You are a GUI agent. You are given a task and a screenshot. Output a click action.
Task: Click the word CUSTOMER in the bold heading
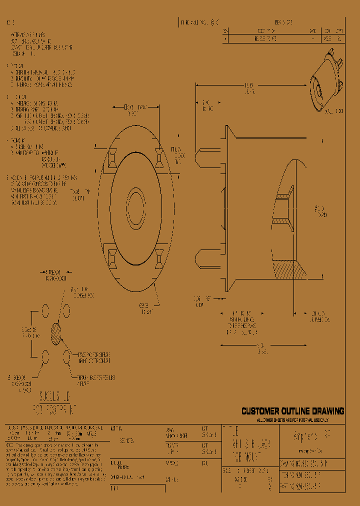[x=261, y=411]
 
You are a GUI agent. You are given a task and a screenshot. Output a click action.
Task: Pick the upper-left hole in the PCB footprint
[x=45, y=311]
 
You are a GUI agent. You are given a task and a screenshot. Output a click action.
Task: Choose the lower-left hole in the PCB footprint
[x=45, y=356]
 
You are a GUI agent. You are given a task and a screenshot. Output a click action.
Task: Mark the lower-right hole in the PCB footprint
[x=66, y=357]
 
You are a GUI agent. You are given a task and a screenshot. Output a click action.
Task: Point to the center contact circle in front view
[x=135, y=205]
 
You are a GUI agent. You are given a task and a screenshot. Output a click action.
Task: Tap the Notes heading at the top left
[x=10, y=23]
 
